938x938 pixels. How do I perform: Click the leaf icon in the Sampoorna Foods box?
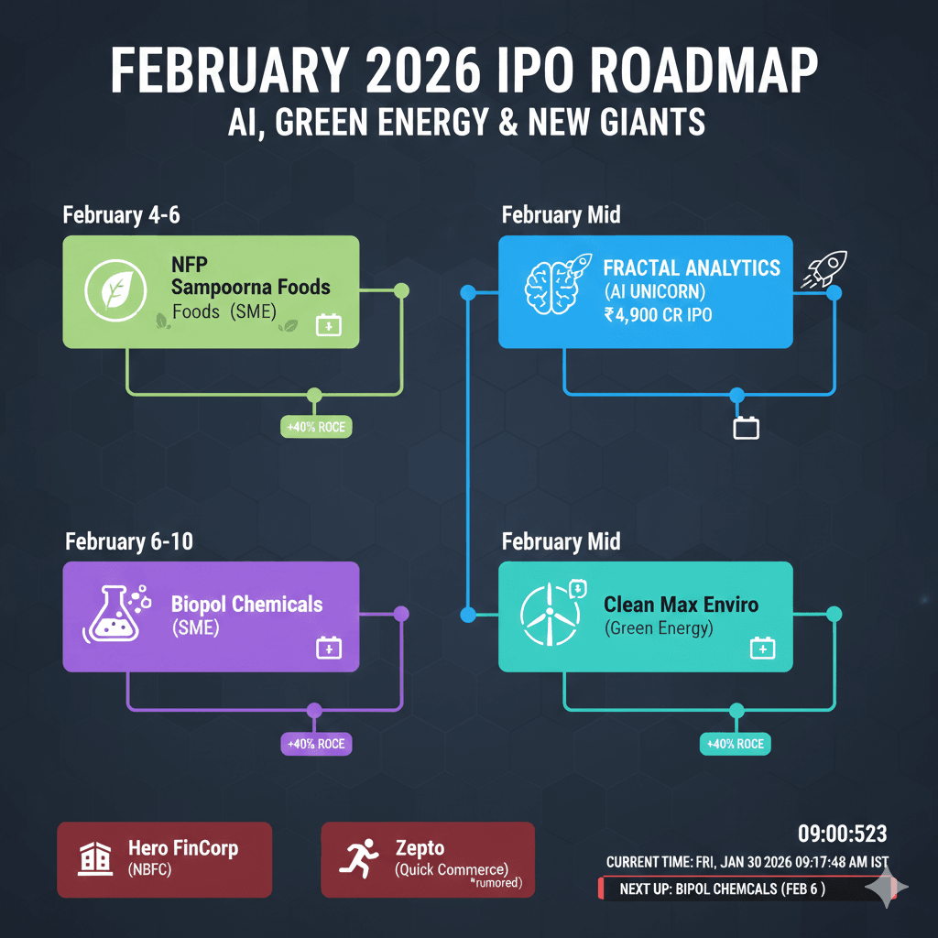[111, 290]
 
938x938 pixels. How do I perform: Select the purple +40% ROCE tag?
[316, 744]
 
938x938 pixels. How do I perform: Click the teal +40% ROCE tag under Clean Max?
[735, 744]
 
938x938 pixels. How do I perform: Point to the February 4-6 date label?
[121, 215]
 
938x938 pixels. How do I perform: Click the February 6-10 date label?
[129, 541]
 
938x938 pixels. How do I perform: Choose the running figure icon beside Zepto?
[356, 857]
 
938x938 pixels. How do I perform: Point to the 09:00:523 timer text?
[842, 834]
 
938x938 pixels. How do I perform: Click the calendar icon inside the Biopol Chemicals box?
[328, 649]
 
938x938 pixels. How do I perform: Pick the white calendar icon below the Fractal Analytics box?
[747, 427]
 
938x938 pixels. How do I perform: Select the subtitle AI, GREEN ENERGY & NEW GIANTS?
[467, 122]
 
